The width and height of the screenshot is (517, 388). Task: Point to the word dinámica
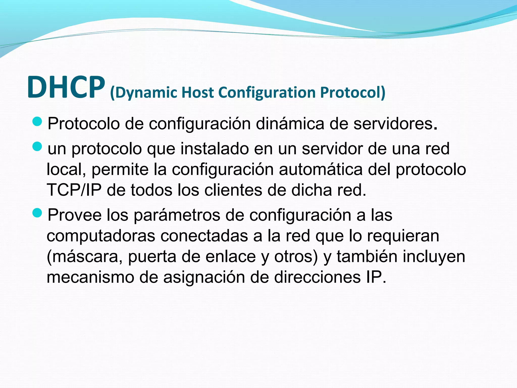[290, 124]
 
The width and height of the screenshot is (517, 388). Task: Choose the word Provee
[74, 215]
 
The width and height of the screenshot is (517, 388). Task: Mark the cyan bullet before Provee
[37, 213]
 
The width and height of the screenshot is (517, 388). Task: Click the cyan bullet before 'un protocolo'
[37, 147]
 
